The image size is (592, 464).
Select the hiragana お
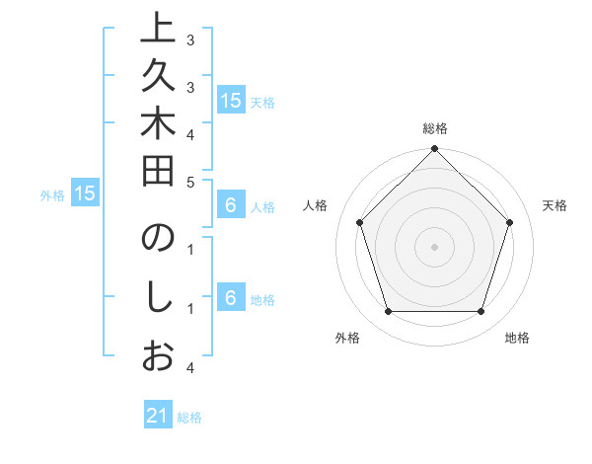pos(159,356)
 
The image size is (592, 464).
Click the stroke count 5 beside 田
pos(189,182)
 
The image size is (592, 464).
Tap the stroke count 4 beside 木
pos(189,134)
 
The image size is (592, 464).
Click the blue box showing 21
pos(158,416)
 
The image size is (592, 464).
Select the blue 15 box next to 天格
pos(231,101)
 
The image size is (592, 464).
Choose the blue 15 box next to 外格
pos(85,194)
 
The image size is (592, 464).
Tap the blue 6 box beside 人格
pos(231,206)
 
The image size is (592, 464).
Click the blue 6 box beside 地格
pos(231,299)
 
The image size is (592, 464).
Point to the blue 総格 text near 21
pos(189,418)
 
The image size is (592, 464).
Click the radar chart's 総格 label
pos(435,128)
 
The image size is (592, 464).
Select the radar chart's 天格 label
pos(555,205)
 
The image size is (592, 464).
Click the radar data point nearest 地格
pos(481,312)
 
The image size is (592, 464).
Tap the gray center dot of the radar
pos(434,247)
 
